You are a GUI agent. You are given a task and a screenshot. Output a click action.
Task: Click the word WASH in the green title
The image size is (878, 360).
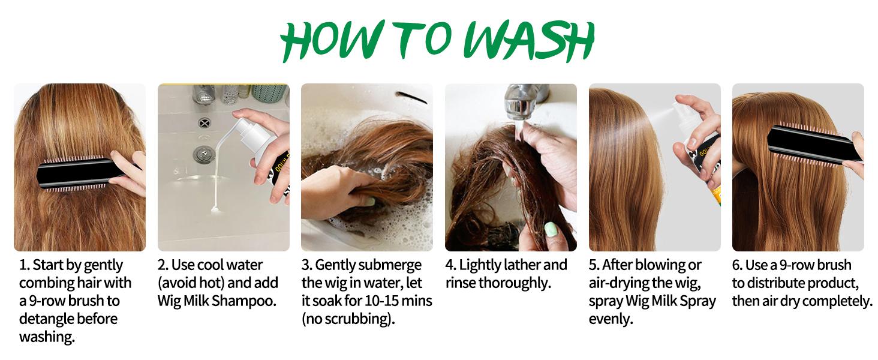coord(529,40)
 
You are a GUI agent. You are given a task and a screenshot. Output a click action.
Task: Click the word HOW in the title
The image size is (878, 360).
coord(331,41)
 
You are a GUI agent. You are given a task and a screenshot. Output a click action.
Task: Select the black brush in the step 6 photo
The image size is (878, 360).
coord(814,145)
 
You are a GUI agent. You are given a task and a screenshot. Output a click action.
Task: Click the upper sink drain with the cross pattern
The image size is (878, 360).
coord(205,123)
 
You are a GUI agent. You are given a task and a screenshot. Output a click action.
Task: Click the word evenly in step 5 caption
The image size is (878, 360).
coord(611,319)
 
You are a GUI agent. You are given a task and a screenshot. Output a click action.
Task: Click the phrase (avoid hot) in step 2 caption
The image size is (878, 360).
coord(191,283)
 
